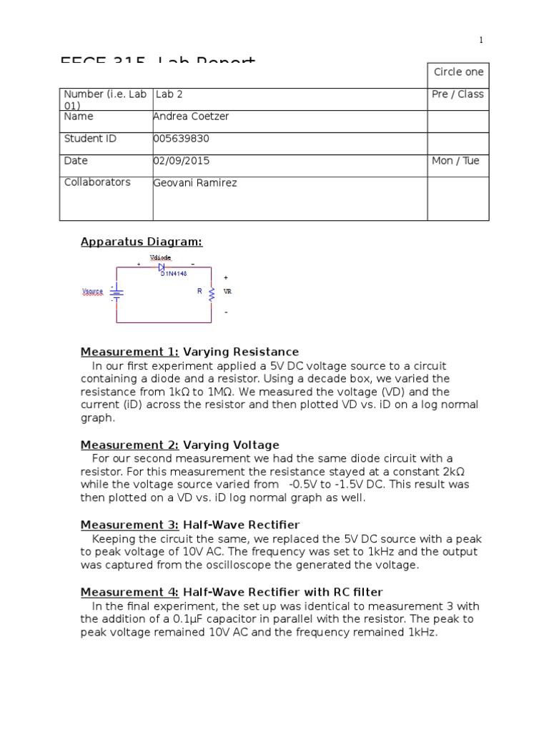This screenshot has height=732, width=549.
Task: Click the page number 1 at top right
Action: point(481,40)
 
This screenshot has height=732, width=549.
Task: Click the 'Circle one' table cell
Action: point(458,72)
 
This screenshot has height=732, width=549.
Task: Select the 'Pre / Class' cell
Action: point(457,94)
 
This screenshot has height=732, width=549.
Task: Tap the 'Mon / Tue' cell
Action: point(455,161)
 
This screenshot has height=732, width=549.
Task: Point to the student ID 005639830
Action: point(182,139)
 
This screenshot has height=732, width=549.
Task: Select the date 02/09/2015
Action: point(182,161)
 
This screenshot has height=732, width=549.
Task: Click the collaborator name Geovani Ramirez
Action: point(195,183)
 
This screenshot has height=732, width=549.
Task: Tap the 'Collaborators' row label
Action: point(97,182)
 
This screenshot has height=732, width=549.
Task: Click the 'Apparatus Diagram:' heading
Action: point(142,242)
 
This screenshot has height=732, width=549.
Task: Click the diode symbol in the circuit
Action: point(162,267)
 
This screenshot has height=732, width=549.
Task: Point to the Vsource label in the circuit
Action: point(92,292)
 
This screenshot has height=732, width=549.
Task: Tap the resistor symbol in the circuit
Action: point(210,292)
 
